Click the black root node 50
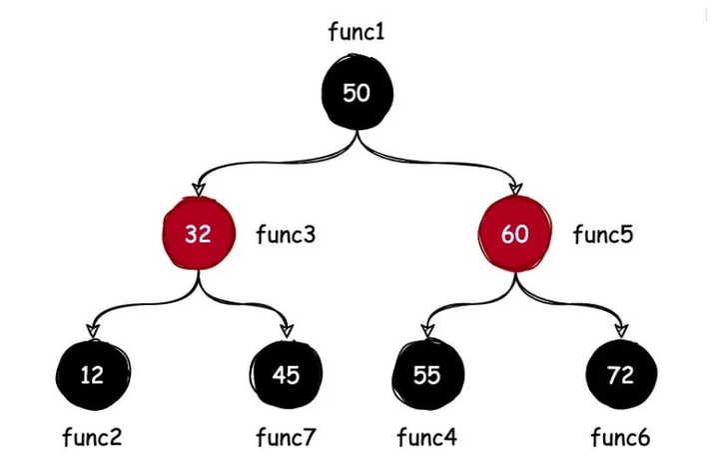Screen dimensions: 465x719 coord(357,93)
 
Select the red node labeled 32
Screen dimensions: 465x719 coord(199,234)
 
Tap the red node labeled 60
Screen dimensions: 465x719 coord(515,234)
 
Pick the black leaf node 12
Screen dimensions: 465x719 coord(93,375)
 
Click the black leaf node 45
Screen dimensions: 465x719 coord(287,375)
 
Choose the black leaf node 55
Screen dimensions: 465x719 coord(427,375)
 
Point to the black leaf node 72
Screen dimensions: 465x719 coord(621,375)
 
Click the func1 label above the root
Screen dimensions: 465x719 coord(357,32)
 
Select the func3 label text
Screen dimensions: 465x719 coord(286,235)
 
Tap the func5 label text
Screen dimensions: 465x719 coord(602,235)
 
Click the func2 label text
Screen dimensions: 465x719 coord(92,437)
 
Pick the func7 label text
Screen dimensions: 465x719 coord(286,437)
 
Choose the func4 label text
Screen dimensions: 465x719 coord(426,437)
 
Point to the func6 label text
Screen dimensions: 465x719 coord(620,437)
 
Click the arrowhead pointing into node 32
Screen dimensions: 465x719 coord(199,188)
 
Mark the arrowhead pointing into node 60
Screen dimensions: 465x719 coord(516,188)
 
